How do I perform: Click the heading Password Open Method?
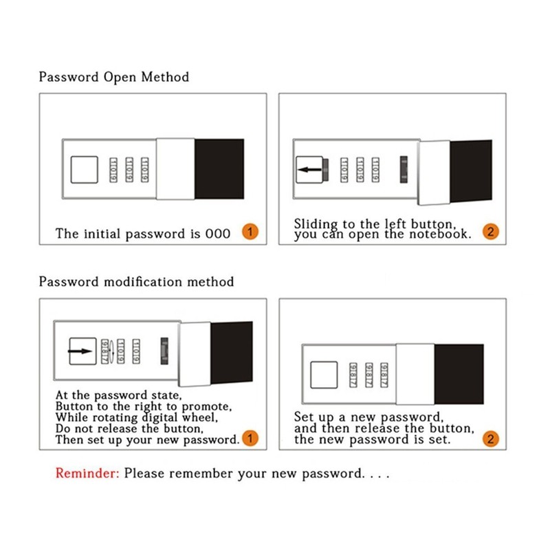point(113,76)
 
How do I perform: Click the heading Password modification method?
point(136,282)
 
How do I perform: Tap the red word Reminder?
point(87,474)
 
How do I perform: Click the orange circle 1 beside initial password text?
point(250,232)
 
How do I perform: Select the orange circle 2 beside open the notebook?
point(490,232)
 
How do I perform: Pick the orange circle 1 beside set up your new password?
point(250,439)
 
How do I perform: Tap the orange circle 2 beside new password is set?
point(490,439)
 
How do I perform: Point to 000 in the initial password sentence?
point(218,234)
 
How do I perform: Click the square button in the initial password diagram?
point(85,169)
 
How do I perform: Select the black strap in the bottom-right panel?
point(459,375)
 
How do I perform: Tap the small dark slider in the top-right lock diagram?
point(404,168)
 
